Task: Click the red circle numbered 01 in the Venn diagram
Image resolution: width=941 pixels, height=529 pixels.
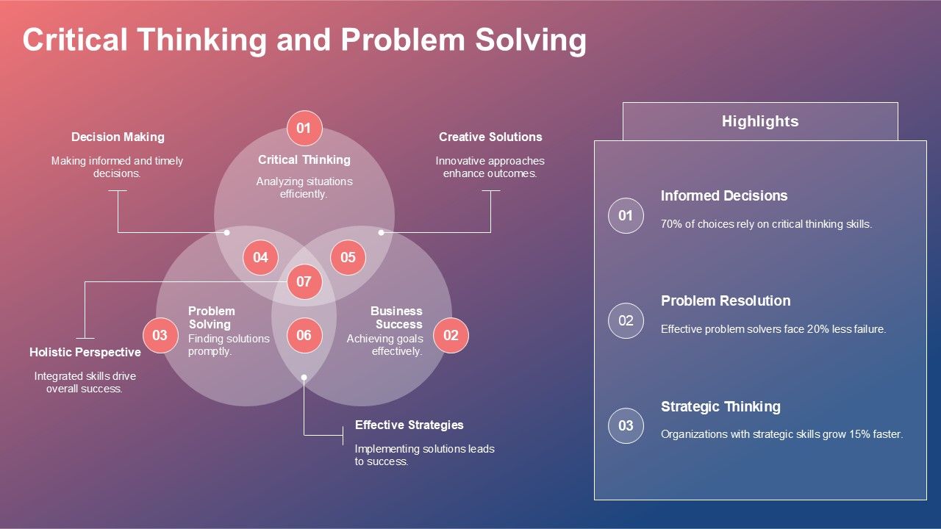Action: (x=304, y=129)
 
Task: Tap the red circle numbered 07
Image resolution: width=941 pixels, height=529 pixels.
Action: (x=304, y=281)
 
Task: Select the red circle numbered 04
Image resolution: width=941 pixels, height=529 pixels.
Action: (x=260, y=257)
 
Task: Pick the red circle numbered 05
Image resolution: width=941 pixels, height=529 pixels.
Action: (x=348, y=257)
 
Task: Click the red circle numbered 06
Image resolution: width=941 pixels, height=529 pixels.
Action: (x=304, y=336)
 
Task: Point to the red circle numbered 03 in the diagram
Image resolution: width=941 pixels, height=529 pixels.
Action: (x=160, y=336)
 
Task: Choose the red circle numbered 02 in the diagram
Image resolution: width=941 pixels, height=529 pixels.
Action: (x=451, y=336)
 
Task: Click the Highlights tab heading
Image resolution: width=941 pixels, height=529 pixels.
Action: (x=759, y=121)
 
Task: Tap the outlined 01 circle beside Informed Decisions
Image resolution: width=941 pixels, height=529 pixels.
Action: (x=626, y=215)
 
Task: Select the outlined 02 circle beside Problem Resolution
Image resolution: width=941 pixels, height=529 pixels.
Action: (x=626, y=320)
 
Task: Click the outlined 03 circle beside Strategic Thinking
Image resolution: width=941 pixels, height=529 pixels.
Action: (x=626, y=425)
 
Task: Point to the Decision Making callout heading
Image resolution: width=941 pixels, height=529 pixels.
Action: (x=118, y=137)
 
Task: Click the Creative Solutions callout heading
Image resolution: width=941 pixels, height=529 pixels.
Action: (x=490, y=137)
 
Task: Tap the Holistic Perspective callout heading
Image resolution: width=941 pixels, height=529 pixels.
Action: (x=85, y=352)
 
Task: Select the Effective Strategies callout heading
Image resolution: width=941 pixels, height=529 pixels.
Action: (x=409, y=425)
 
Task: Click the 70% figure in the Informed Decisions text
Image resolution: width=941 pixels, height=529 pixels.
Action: (x=671, y=224)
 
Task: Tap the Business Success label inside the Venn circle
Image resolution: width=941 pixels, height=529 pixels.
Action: (x=397, y=317)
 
